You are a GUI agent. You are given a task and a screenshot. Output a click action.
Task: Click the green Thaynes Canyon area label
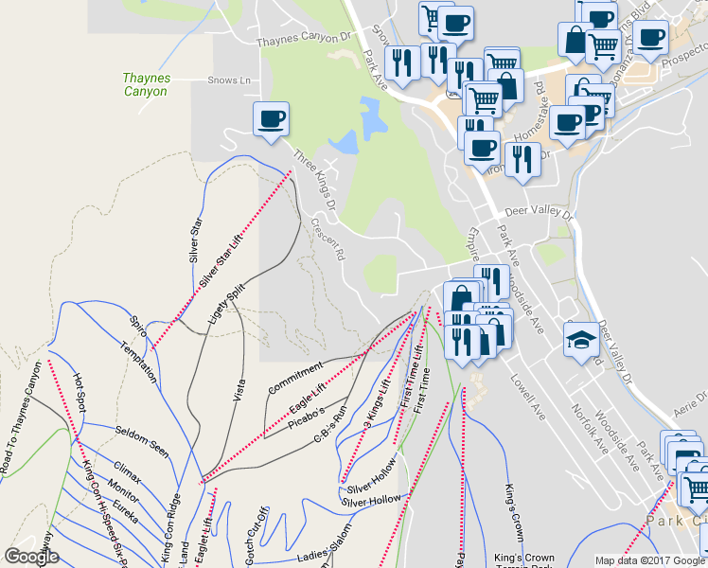point(145,85)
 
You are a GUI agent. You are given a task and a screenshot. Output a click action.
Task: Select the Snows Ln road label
point(228,80)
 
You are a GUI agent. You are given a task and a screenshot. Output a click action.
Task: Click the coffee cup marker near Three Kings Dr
point(271,119)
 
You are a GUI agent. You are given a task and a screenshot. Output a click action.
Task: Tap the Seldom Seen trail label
point(142,442)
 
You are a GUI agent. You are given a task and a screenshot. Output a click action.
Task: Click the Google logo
point(31,557)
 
